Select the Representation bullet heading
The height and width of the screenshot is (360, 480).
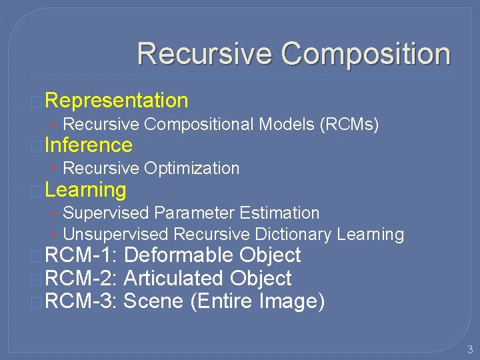coord(117,101)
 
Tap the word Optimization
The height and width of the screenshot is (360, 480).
coord(191,168)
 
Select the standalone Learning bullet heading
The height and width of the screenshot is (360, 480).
coord(86,190)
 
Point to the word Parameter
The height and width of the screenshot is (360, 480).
coord(194,213)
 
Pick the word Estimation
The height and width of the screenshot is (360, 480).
coord(279,213)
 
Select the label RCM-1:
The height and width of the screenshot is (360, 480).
coord(81,255)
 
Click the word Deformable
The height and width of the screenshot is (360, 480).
coord(179,255)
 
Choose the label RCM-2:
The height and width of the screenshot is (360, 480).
coord(81,279)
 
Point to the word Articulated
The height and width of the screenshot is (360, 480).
coord(175,279)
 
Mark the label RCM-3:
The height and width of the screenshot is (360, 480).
coord(81,301)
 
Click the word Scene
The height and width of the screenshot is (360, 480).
coord(154,301)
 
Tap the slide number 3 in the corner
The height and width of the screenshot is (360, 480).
coord(469,349)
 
